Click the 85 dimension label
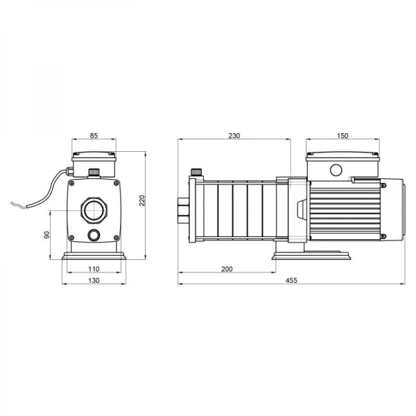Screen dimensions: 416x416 [x=94, y=136]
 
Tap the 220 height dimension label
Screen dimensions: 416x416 [x=142, y=200]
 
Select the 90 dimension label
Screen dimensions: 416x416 [x=46, y=235]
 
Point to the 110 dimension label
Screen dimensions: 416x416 [x=94, y=269]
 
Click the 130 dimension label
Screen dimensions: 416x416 [x=94, y=280]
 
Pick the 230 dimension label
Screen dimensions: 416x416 [x=234, y=136]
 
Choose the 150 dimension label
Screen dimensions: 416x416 [x=343, y=136]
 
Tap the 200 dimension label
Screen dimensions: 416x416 [x=227, y=269]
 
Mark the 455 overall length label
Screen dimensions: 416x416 [x=292, y=280]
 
